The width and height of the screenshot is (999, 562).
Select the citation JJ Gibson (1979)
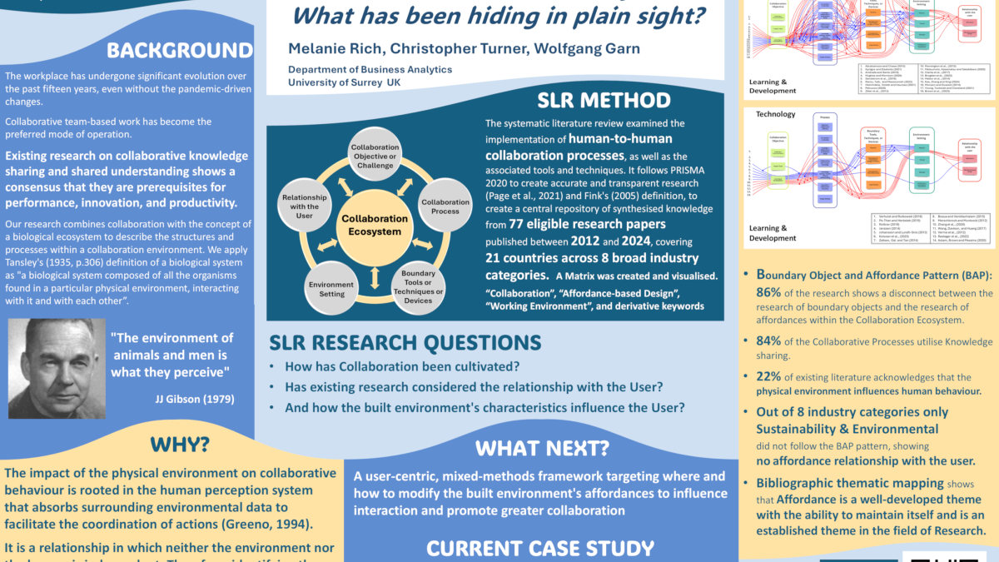(x=195, y=399)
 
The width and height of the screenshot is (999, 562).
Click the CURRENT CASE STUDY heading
(x=540, y=548)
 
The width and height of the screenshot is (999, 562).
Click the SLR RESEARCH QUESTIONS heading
(x=405, y=342)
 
